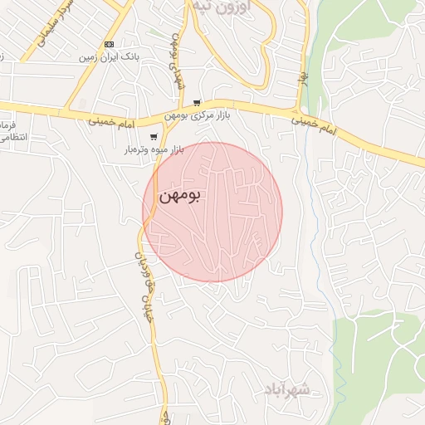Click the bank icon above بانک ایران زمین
click(x=108, y=44)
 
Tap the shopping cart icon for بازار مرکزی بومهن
click(x=197, y=103)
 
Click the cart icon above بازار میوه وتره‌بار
click(x=153, y=137)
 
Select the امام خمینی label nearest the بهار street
click(x=315, y=126)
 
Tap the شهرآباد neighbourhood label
click(x=286, y=388)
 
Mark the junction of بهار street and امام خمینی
click(x=298, y=111)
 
